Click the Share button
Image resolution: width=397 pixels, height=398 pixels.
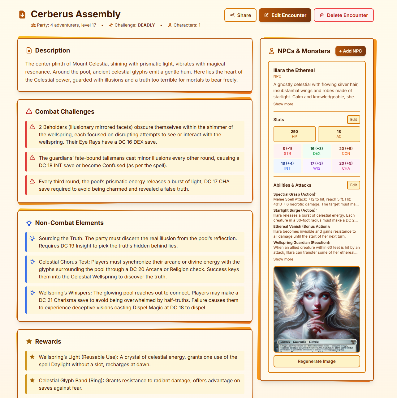point(240,15)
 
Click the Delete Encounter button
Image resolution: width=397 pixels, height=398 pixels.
point(343,15)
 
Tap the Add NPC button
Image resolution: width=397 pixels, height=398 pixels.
point(350,51)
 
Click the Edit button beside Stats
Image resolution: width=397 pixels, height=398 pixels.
point(353,120)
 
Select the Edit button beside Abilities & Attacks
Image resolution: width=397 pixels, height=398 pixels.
point(353,185)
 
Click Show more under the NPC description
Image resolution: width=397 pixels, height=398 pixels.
point(283,104)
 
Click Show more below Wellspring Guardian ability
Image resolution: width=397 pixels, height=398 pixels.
point(283,259)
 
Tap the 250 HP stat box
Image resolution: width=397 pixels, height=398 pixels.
point(294,134)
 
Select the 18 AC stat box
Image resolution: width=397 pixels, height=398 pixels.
point(339,134)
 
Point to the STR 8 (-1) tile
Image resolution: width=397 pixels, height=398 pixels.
point(287,151)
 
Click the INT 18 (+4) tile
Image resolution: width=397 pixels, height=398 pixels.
point(287,166)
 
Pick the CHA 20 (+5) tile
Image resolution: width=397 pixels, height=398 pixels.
point(346,166)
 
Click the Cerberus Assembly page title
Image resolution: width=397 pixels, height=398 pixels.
point(76,14)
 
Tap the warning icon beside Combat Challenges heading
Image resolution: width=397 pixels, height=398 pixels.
point(29,112)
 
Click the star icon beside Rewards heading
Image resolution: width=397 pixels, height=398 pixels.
point(29,341)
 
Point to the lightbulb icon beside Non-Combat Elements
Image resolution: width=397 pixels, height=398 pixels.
point(29,223)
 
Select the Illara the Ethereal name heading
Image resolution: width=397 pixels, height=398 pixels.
point(294,70)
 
